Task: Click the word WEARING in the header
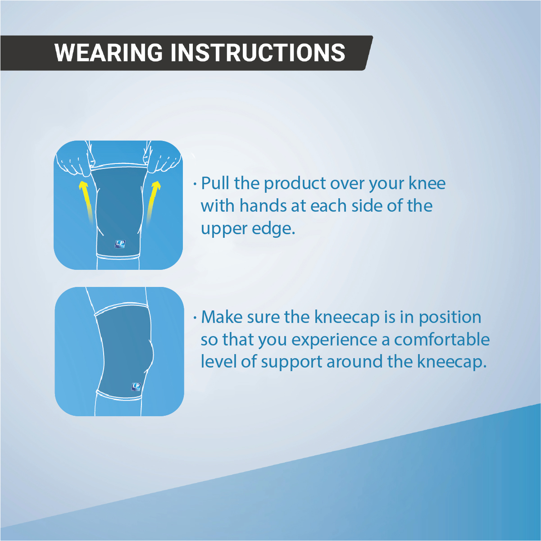(109, 53)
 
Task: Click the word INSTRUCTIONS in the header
(258, 53)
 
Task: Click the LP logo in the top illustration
(120, 244)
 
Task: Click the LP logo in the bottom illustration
(136, 386)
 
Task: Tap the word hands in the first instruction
(263, 206)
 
